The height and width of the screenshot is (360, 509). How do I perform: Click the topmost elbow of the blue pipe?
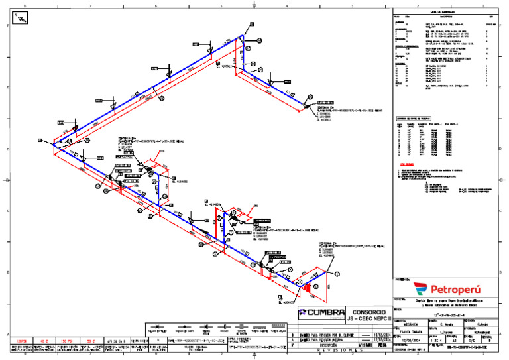tap(241, 38)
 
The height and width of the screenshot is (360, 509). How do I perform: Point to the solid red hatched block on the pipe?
tap(307, 288)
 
